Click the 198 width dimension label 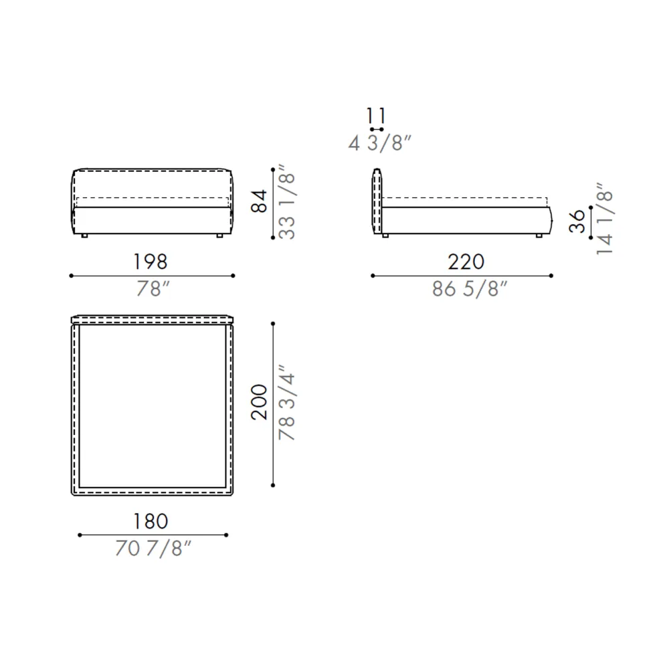pos(150,262)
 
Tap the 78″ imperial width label pos(153,289)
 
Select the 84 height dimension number pos(259,201)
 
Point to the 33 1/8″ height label pos(287,202)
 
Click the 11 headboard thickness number pos(376,116)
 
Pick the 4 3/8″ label pos(380,143)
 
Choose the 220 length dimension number pos(466,262)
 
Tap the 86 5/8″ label pos(470,289)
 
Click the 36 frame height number pos(577,221)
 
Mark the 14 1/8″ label pos(605,219)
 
